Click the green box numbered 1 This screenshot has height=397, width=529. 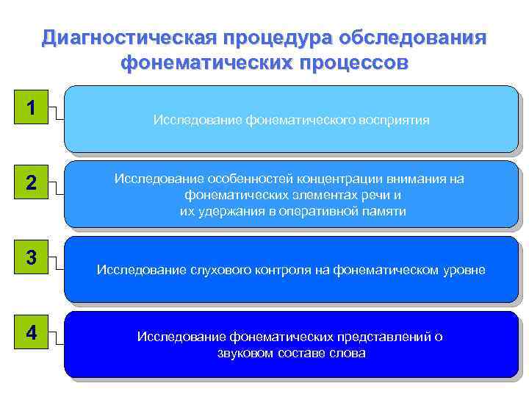pyautogui.click(x=31, y=107)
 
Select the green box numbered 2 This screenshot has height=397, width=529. pyautogui.click(x=31, y=183)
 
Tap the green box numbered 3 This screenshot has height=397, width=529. pyautogui.click(x=31, y=258)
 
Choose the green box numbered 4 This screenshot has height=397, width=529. pyautogui.click(x=31, y=332)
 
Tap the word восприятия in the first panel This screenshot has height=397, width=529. pyautogui.click(x=393, y=119)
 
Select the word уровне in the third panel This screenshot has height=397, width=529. pyautogui.click(x=463, y=270)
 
